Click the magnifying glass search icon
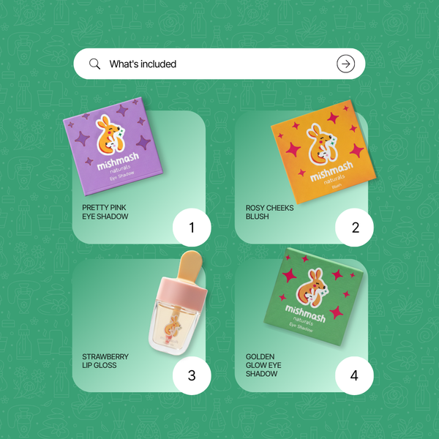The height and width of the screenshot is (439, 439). (94, 64)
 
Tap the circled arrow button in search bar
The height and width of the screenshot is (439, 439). (345, 64)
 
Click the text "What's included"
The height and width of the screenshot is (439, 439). (143, 64)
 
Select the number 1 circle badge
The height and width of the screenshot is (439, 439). (192, 228)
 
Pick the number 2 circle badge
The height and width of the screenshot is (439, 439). (354, 228)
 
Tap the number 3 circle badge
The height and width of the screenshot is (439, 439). (192, 375)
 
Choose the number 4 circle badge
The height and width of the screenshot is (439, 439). (354, 375)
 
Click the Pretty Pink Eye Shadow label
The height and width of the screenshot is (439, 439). (105, 212)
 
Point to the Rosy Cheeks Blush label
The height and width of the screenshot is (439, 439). (269, 212)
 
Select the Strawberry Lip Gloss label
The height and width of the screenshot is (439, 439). (105, 361)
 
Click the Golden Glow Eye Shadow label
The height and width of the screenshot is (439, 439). (263, 365)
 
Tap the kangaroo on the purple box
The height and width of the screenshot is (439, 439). (110, 135)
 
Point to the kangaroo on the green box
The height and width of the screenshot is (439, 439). (312, 288)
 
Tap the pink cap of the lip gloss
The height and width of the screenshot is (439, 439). (182, 293)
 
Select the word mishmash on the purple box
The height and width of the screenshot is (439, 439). (118, 161)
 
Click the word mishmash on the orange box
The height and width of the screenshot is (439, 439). (331, 170)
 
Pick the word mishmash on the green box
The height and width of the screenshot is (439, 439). (305, 314)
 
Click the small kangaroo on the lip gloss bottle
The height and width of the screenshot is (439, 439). (173, 326)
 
